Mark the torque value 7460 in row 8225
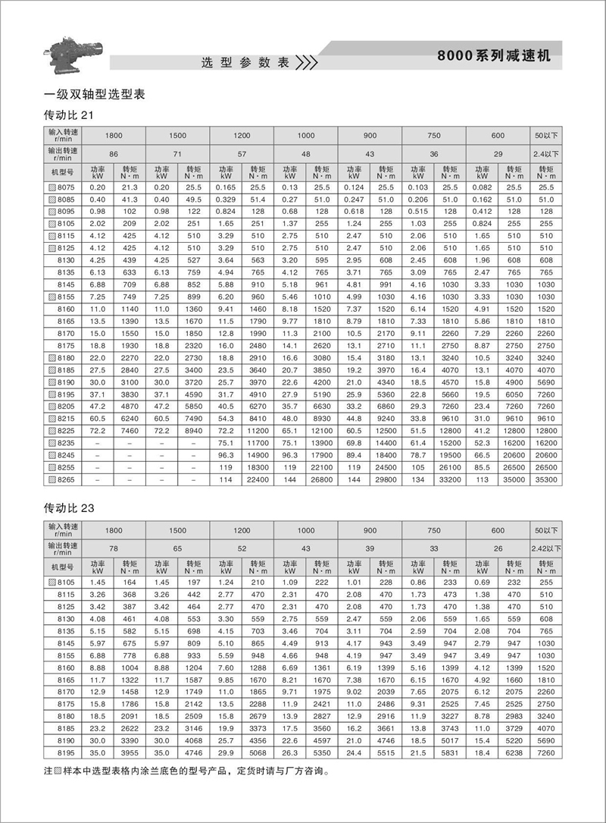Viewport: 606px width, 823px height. [x=130, y=429]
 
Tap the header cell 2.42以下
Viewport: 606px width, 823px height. [x=546, y=545]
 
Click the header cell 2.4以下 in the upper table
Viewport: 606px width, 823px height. [x=546, y=153]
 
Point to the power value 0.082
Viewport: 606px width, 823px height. [x=482, y=187]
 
